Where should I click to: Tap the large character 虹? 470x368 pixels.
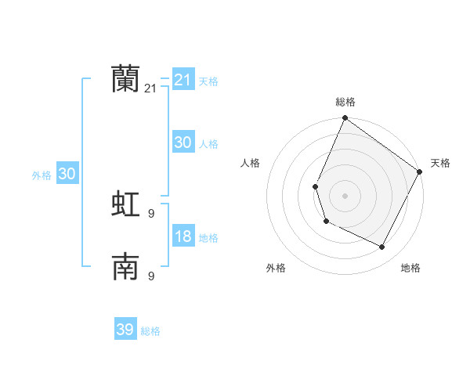coord(125,204)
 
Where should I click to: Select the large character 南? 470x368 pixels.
coord(125,268)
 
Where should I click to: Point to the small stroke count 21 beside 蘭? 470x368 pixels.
coord(150,89)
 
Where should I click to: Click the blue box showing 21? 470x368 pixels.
coord(183,80)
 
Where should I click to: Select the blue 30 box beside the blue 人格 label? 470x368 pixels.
coord(183,143)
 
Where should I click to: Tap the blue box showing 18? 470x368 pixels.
coord(183,236)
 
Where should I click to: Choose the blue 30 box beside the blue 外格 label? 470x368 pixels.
coord(67,174)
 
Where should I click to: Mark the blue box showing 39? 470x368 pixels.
coord(125,330)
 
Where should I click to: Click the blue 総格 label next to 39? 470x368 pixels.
coord(150,331)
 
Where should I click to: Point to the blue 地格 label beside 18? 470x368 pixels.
coord(208,238)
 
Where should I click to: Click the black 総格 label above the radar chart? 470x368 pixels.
coord(345,102)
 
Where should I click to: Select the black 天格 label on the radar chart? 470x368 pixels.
coord(440,163)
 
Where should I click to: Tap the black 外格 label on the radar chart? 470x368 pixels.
coord(276,268)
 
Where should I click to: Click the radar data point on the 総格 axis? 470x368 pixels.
coord(345,118)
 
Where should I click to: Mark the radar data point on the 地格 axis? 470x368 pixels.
coord(382,247)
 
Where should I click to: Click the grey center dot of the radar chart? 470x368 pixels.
coord(345,195)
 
